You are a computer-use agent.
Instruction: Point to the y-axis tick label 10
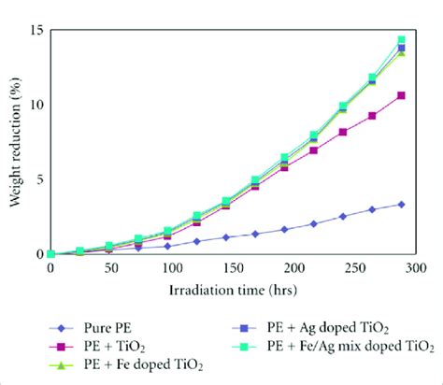[35, 104]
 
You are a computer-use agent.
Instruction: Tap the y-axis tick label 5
[37, 178]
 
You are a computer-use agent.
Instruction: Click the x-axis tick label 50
[111, 267]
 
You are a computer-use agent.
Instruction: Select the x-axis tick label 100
[171, 267]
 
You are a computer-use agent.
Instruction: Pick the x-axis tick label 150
[231, 267]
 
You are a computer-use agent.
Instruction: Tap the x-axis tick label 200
[292, 267]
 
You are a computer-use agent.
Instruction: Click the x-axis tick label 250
[352, 267]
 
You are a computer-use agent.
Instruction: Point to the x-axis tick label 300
[412, 267]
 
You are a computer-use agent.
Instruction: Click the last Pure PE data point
[401, 204]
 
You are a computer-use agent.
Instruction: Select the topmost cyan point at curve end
[402, 40]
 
